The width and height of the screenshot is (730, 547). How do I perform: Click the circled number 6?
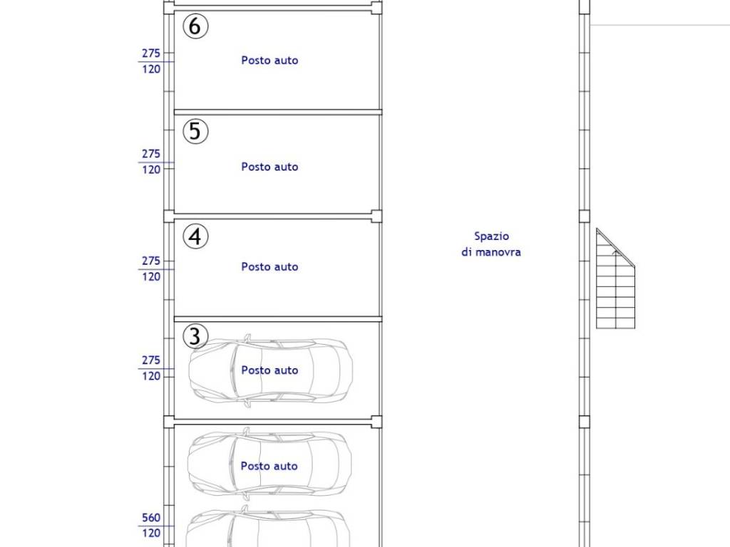click(x=195, y=26)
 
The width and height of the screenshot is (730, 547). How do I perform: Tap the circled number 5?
click(x=195, y=131)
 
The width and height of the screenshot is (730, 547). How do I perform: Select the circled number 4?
click(x=195, y=236)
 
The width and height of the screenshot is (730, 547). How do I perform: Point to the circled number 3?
click(x=195, y=336)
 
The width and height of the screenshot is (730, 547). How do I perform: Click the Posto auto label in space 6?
click(x=269, y=61)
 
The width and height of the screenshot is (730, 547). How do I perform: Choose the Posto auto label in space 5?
click(x=269, y=167)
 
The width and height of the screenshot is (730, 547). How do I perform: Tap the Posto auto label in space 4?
click(x=269, y=266)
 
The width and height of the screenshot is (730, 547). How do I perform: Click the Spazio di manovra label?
click(x=491, y=244)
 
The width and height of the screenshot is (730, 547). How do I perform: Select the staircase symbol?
click(x=615, y=279)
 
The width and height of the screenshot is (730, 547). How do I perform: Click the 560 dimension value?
click(x=151, y=518)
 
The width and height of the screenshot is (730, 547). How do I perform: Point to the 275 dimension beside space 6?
click(x=151, y=53)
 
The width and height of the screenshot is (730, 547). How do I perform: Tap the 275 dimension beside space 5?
click(x=151, y=154)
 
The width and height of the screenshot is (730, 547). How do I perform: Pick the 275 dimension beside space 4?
click(x=151, y=261)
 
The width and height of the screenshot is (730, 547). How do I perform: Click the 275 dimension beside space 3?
click(x=151, y=360)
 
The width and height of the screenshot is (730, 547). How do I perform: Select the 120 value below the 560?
click(x=151, y=533)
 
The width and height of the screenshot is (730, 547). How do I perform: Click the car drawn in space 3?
click(x=270, y=370)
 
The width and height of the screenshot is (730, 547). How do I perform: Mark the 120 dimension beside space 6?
click(x=151, y=69)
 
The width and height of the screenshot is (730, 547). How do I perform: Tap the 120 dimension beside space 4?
click(x=151, y=277)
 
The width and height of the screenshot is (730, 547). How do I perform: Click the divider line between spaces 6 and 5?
click(x=278, y=112)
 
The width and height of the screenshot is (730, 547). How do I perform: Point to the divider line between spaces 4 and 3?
click(x=278, y=319)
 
